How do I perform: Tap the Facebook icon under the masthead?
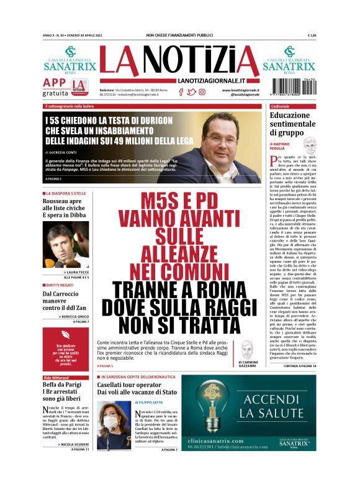coord(181,92)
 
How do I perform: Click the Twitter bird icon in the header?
coord(192,92)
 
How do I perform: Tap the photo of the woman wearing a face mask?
coord(110,426)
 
